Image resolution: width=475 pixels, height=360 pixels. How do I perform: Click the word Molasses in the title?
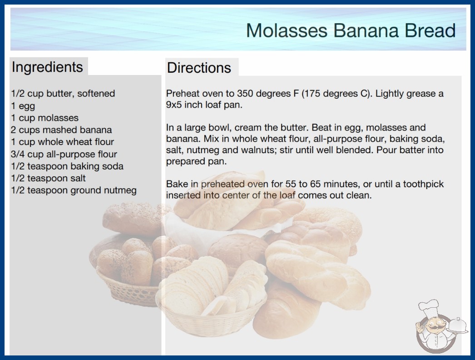[x=287, y=30]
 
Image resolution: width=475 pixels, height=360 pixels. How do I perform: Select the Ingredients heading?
[x=47, y=67]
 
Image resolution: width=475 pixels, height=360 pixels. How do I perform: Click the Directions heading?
[x=199, y=68]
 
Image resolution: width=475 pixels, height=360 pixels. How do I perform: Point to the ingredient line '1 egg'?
[x=23, y=106]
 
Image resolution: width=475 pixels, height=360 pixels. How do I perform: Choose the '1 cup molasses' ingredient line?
[x=45, y=118]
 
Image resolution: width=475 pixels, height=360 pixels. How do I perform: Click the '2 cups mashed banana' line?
[x=61, y=130]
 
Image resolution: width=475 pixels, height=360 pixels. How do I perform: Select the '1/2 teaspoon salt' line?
[x=49, y=178]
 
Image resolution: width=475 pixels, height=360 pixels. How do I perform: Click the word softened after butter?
[x=96, y=94]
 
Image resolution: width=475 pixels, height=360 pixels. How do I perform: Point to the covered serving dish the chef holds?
[x=458, y=326]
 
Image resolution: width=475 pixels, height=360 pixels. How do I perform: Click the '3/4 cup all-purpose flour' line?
[x=64, y=154]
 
